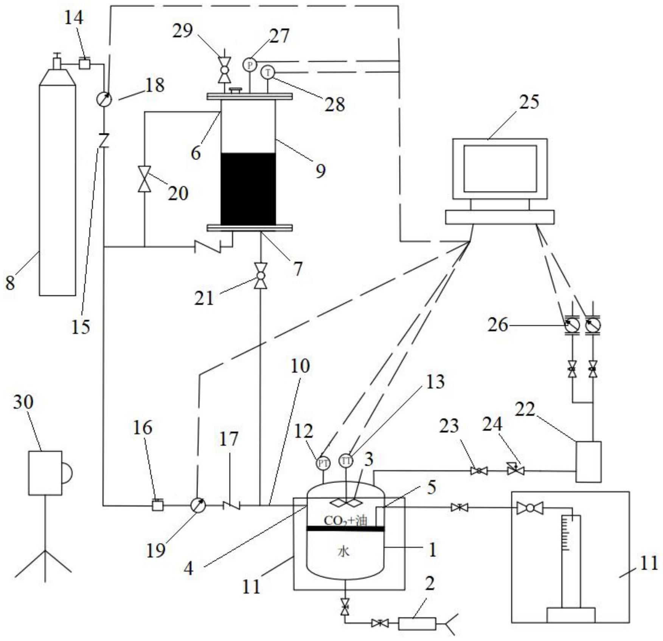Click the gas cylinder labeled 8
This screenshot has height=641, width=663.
(x=57, y=189)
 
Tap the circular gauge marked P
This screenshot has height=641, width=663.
(x=250, y=65)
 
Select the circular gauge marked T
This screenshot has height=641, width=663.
(x=268, y=72)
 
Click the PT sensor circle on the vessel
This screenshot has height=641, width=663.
(x=323, y=463)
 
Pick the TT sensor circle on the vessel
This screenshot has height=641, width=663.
(x=346, y=461)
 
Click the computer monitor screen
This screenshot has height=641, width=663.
(x=500, y=168)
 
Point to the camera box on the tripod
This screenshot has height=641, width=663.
(x=45, y=473)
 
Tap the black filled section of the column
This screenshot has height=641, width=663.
(x=248, y=189)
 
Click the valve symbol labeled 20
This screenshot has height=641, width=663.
(x=144, y=179)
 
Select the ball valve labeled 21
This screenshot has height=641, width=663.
(x=261, y=276)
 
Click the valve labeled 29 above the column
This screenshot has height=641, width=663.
(x=224, y=70)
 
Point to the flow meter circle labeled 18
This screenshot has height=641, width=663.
(x=104, y=100)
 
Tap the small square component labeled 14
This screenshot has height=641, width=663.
(x=84, y=63)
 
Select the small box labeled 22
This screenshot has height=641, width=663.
(x=588, y=462)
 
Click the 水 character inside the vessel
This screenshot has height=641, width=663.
(x=343, y=552)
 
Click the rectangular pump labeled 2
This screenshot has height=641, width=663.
(x=417, y=623)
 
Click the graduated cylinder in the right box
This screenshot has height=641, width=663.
(x=571, y=563)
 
